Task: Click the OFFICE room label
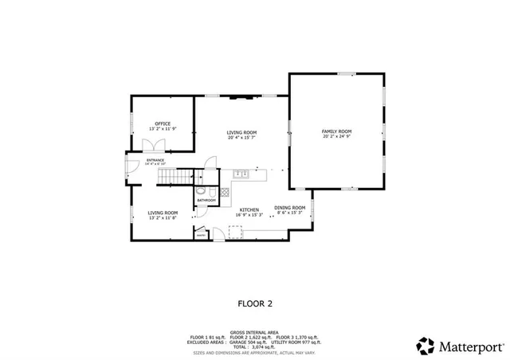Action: click(163, 123)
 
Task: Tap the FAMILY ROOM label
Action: click(336, 131)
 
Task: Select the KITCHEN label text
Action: click(249, 209)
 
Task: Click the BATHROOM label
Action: click(206, 200)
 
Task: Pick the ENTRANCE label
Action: click(155, 160)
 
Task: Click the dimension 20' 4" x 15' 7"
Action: click(241, 137)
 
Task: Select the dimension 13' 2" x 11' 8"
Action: click(162, 218)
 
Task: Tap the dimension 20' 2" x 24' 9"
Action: click(336, 136)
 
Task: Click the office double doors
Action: click(151, 144)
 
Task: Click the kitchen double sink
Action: click(241, 174)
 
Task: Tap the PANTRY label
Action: click(201, 235)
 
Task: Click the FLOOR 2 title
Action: click(255, 303)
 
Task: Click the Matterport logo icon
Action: click(426, 346)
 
